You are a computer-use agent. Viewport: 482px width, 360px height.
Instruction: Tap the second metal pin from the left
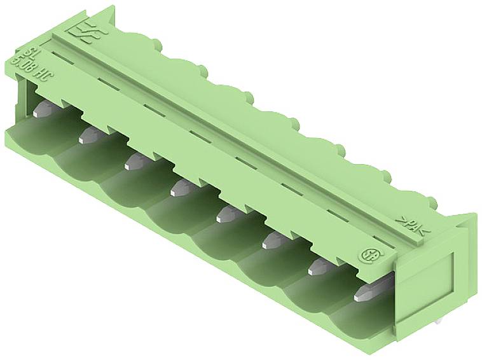(90, 135)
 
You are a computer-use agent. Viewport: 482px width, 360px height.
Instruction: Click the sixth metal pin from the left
(272, 239)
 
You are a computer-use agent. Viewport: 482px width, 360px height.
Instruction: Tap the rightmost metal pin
(366, 292)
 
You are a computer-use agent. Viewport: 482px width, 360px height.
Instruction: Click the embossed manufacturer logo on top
(84, 31)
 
